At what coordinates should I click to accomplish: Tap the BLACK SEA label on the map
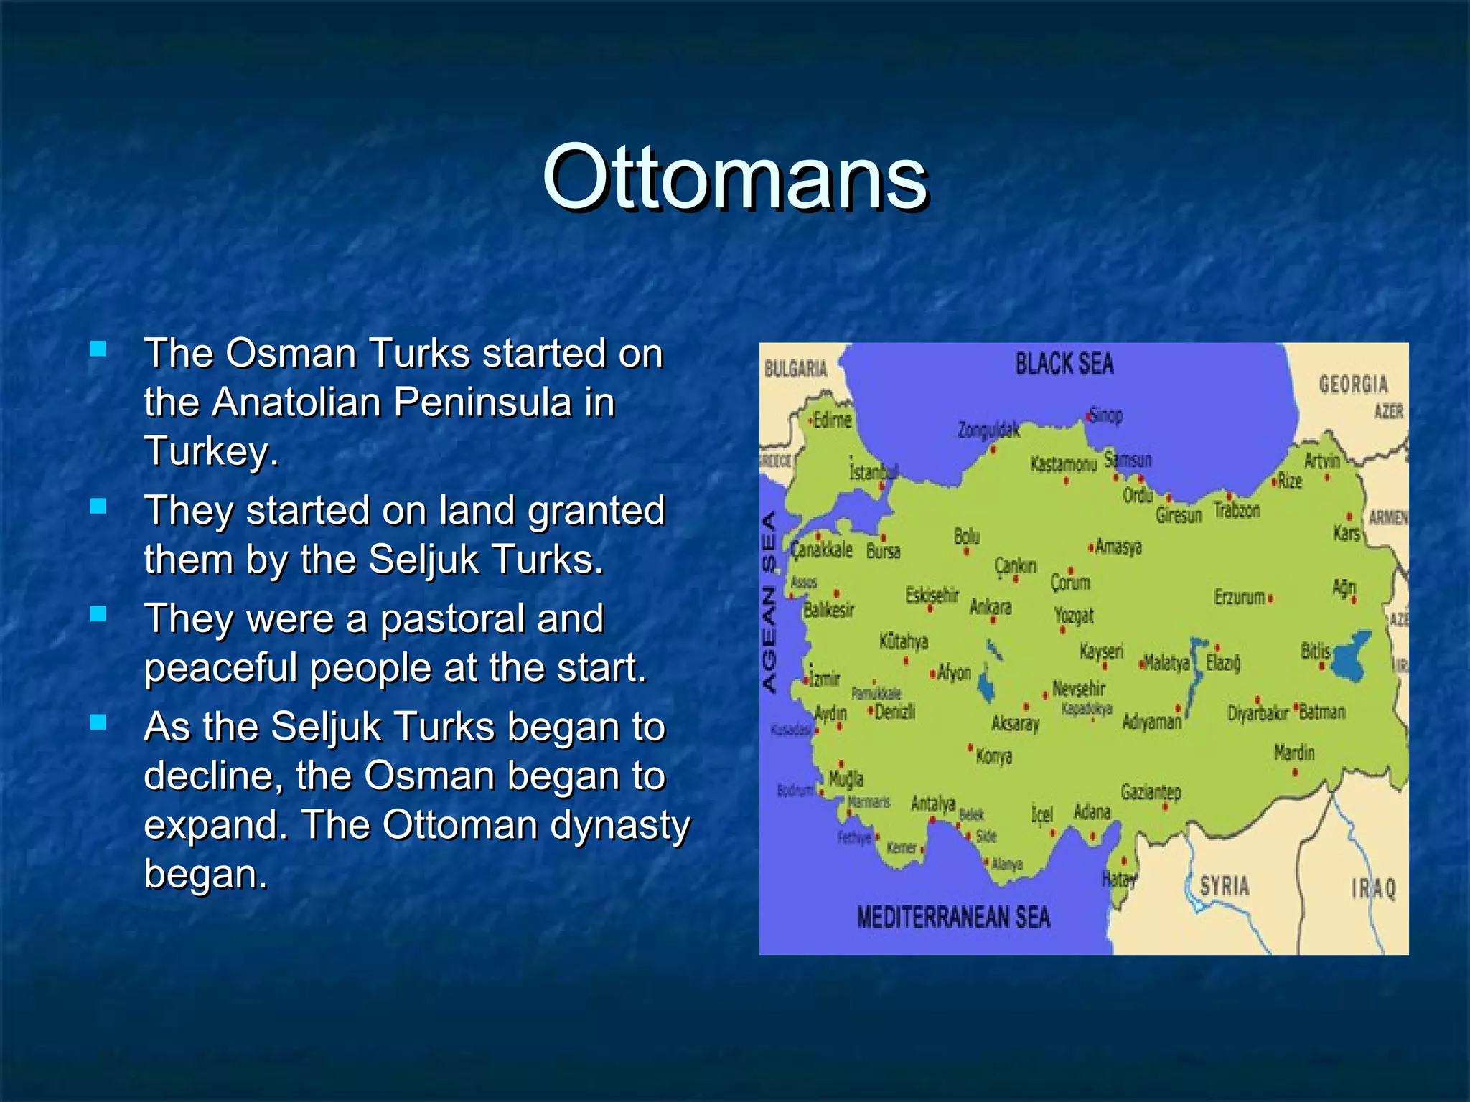pos(1064,364)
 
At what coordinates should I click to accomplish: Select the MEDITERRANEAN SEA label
pos(952,918)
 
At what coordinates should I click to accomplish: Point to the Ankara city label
pos(991,607)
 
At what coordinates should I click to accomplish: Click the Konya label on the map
pos(994,756)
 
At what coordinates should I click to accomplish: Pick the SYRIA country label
pos(1225,885)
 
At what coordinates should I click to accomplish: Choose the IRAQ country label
pos(1374,889)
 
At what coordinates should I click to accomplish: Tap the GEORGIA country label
pos(1353,384)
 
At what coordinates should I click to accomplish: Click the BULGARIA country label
pos(795,369)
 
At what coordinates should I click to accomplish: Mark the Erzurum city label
pos(1239,597)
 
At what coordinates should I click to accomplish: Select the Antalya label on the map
pos(932,803)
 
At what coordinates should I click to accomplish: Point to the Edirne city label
pos(831,420)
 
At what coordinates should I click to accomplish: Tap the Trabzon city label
pos(1237,510)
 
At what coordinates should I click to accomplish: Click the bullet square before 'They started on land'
pos(98,507)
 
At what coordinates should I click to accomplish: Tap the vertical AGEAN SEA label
pos(769,602)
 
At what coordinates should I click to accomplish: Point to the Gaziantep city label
pos(1151,792)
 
